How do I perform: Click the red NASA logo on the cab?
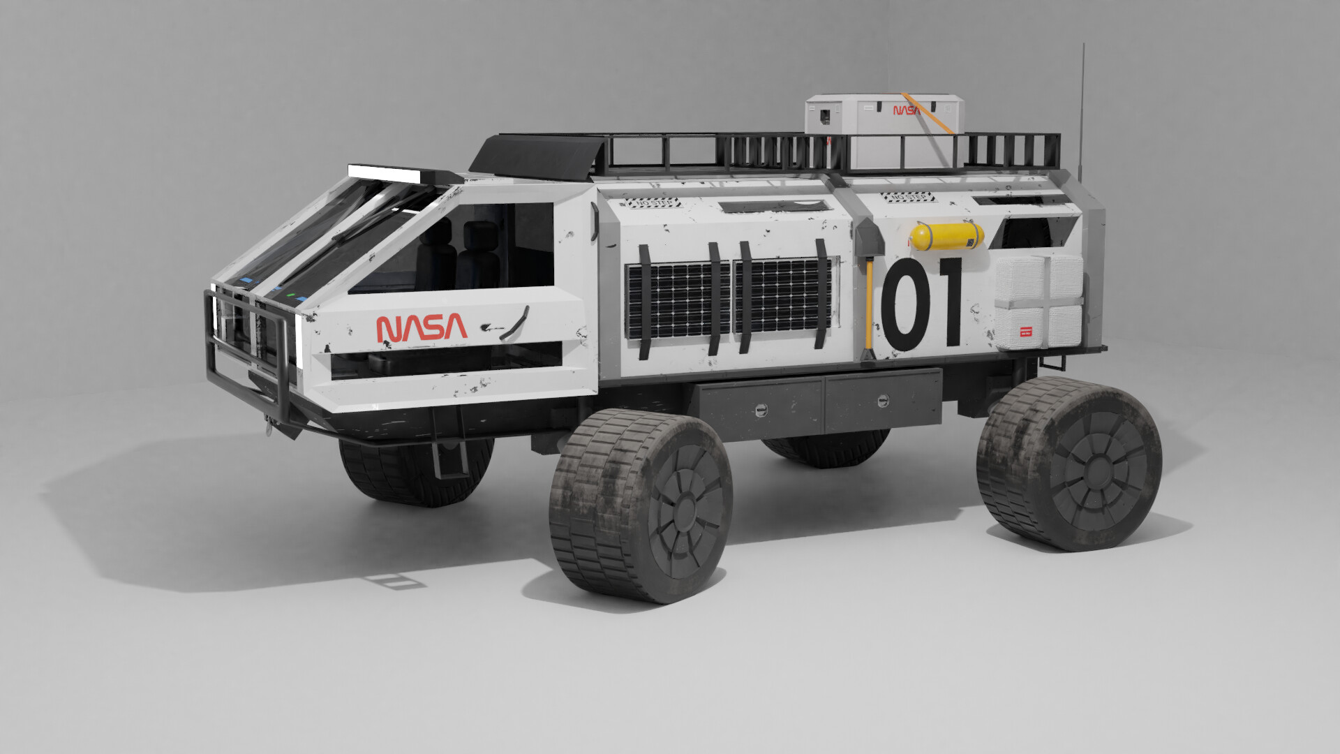coord(422,327)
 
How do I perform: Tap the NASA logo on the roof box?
coord(906,110)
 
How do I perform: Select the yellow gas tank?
coord(947,236)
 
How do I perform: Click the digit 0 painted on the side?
coord(906,304)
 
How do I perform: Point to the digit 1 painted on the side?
coord(948,303)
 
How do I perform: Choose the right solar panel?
coord(783,295)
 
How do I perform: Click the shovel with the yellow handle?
coord(868,293)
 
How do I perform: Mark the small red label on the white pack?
coord(1025,331)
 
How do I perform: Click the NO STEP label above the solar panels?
coord(653,202)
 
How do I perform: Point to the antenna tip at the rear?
coord(1083,46)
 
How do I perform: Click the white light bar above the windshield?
coord(385,172)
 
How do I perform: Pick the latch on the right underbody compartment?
coord(882,401)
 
